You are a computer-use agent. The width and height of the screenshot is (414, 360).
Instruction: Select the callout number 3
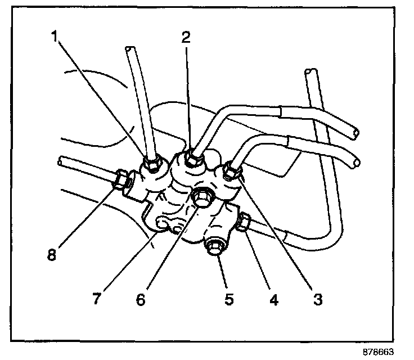click(x=318, y=299)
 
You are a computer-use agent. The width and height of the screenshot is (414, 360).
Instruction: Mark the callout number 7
click(x=96, y=299)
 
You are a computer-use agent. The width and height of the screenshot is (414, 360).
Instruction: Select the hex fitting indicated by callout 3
click(x=231, y=170)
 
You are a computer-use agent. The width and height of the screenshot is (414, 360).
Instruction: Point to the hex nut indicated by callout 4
click(x=244, y=223)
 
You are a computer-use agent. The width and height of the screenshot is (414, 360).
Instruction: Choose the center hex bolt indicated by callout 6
click(x=201, y=197)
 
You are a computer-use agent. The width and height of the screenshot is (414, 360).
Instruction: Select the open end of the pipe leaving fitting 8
click(x=60, y=162)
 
